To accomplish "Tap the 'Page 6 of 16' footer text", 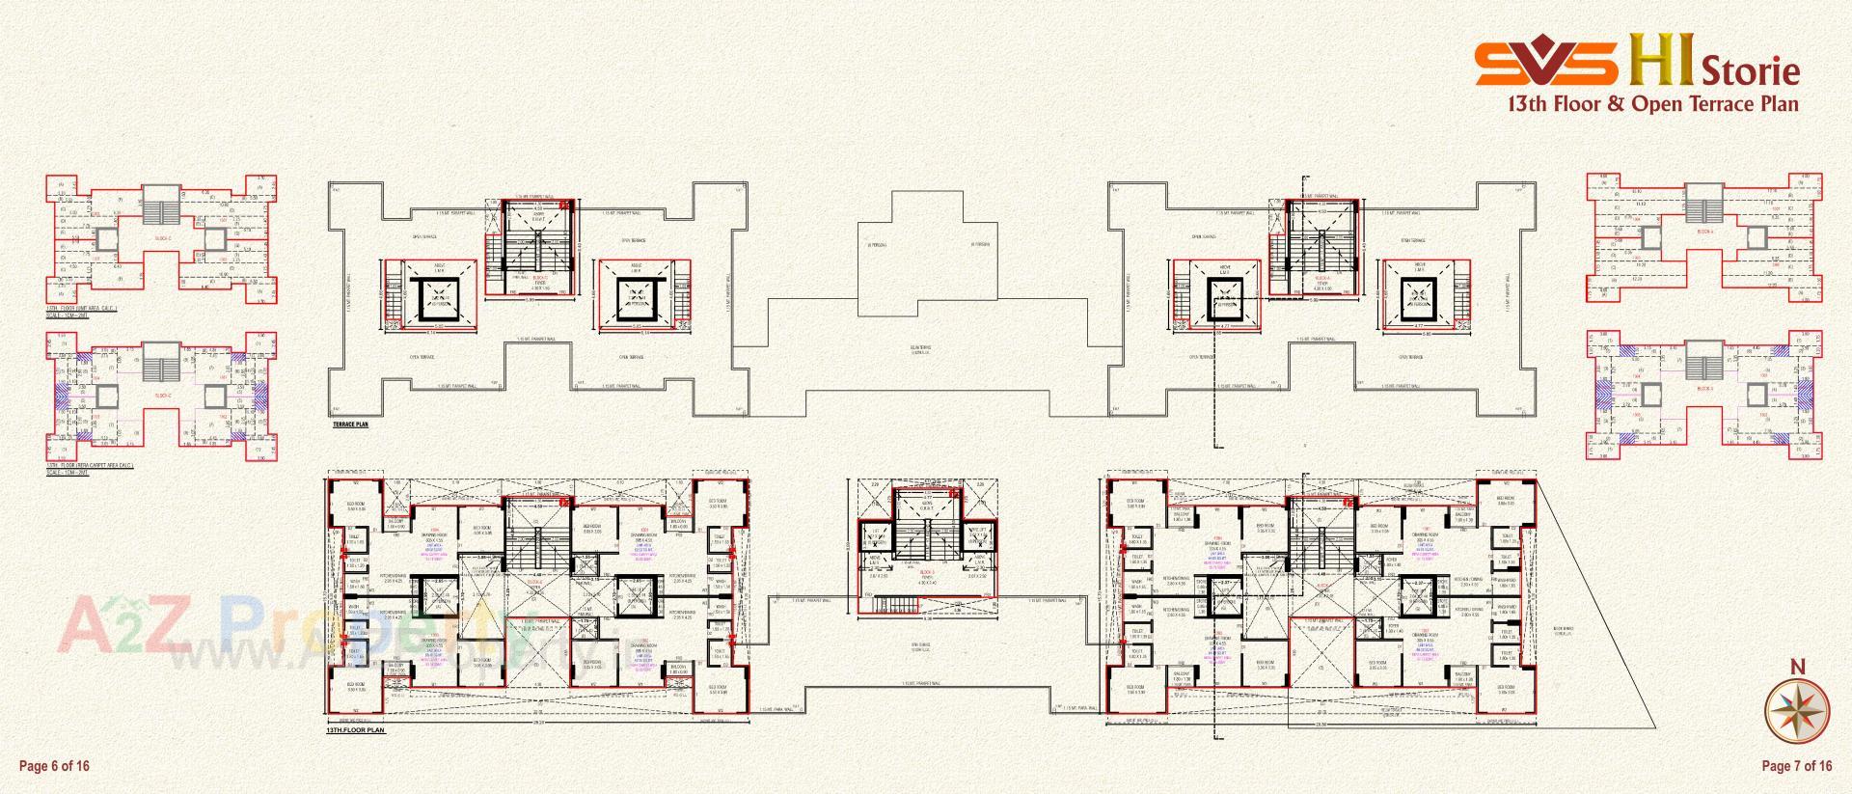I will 54,766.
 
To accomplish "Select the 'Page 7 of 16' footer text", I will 1796,766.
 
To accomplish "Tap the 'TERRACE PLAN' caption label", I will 350,424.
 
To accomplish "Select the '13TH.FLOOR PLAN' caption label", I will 356,731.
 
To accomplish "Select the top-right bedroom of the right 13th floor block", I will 1505,504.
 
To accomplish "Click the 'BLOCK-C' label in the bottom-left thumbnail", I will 162,396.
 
